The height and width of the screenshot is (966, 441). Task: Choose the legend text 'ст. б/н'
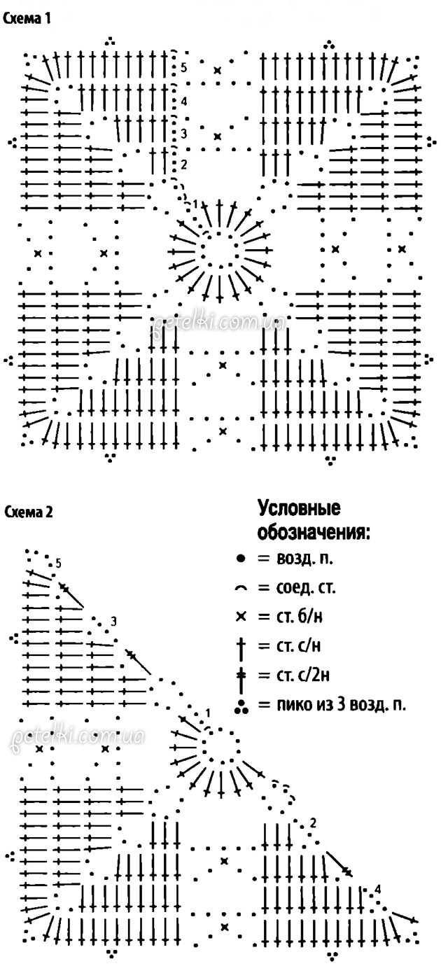click(280, 617)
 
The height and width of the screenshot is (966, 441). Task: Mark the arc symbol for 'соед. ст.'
click(240, 589)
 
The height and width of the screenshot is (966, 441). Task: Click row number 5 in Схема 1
click(183, 68)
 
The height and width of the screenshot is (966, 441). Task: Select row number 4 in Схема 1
click(183, 101)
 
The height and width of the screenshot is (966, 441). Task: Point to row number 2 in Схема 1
click(183, 164)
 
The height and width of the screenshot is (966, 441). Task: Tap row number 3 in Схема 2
click(113, 622)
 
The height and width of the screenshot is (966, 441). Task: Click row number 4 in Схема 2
click(378, 890)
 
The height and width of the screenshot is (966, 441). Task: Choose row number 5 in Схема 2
click(58, 563)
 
